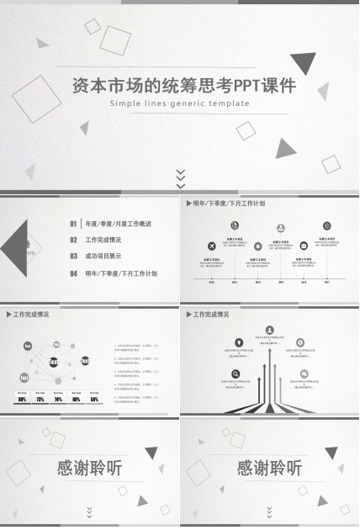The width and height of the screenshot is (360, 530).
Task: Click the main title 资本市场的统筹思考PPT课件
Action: pyautogui.click(x=180, y=86)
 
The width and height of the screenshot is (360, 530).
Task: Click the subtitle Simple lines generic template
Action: pyautogui.click(x=180, y=103)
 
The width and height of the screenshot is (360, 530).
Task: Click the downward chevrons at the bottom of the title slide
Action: pyautogui.click(x=180, y=178)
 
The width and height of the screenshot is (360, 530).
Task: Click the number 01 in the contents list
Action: pyautogui.click(x=74, y=224)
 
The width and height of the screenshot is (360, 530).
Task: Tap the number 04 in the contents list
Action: pyautogui.click(x=74, y=273)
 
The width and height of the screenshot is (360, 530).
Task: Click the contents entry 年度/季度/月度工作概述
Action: pyautogui.click(x=118, y=224)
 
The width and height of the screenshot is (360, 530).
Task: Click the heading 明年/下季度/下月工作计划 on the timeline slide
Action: pyautogui.click(x=229, y=204)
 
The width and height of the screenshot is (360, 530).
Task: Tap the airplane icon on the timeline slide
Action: pyautogui.click(x=211, y=246)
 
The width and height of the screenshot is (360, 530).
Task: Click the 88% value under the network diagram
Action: pyautogui.click(x=22, y=399)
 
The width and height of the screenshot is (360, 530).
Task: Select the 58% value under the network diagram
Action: pyautogui.click(x=94, y=399)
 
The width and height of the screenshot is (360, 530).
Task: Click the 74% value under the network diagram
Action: pyautogui.click(x=58, y=399)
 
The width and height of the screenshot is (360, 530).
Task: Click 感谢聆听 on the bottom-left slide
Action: pyautogui.click(x=89, y=469)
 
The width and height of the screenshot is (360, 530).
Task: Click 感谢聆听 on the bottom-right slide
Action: pyautogui.click(x=269, y=469)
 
